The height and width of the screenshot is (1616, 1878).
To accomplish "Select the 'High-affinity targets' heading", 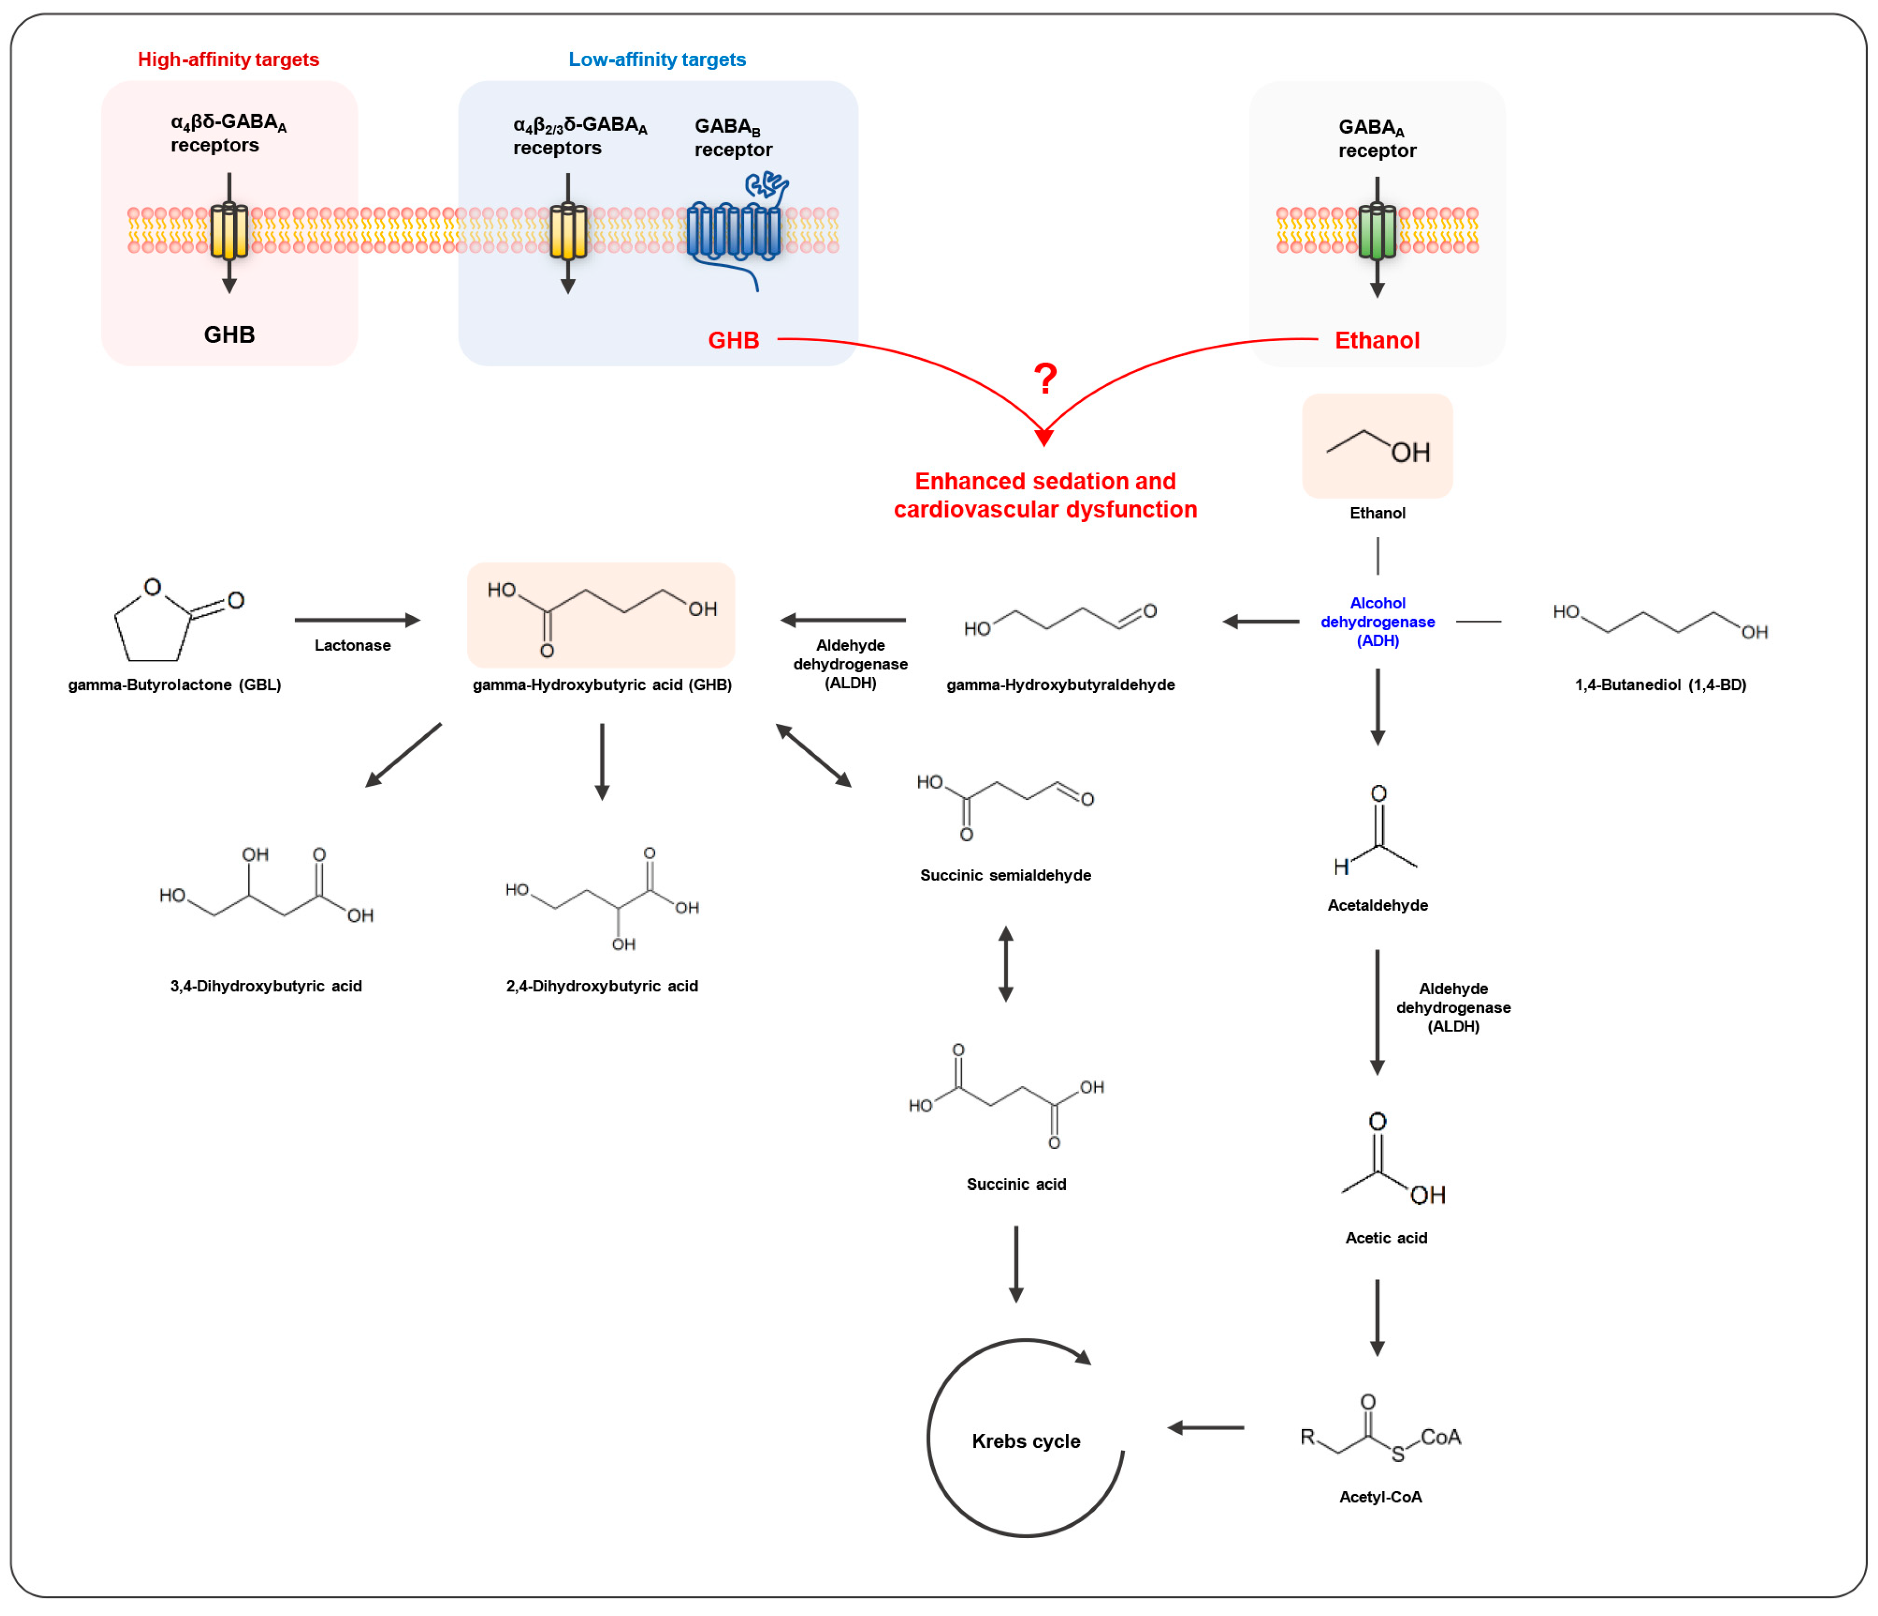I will (x=229, y=60).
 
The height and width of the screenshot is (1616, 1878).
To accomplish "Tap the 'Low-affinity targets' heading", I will (x=657, y=60).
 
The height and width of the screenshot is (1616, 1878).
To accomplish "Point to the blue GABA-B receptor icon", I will (x=734, y=231).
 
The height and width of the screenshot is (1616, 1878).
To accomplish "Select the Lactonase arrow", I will (x=357, y=620).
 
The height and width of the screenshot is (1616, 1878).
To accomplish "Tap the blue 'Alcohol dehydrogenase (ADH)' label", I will (x=1377, y=622).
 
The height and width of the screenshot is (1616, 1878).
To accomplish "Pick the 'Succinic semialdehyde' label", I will (x=1005, y=875).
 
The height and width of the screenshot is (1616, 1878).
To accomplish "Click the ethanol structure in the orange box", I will (x=1377, y=446).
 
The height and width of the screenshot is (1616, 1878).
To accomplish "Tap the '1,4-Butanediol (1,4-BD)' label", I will (x=1660, y=684).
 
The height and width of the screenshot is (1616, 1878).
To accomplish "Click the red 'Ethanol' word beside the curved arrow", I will (x=1377, y=341).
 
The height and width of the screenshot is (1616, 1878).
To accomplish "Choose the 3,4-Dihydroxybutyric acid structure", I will (x=266, y=888).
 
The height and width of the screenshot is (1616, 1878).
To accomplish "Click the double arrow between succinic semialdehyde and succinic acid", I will (x=1005, y=963).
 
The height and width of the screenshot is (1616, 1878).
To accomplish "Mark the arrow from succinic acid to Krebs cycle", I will (x=1016, y=1264).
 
